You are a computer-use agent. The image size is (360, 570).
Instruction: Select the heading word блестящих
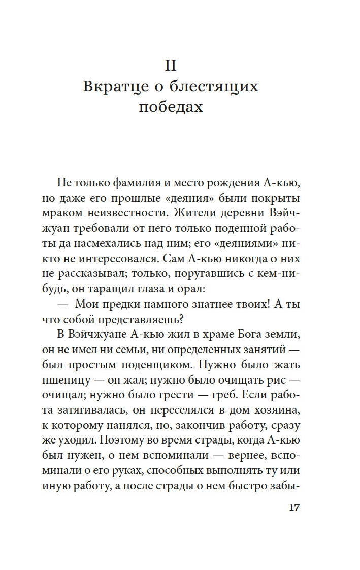pos(215,87)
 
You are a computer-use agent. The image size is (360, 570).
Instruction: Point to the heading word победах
pos(170,107)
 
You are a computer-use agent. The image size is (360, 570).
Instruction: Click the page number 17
pos(294,508)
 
